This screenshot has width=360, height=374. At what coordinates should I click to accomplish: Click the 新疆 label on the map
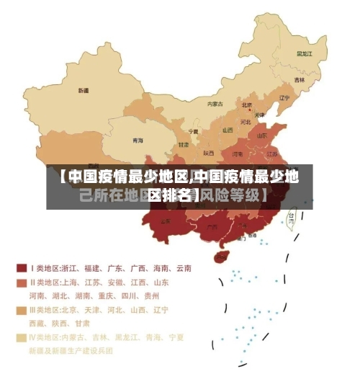pyautogui.click(x=84, y=91)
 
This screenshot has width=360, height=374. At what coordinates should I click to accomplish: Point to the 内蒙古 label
pyautogui.click(x=215, y=104)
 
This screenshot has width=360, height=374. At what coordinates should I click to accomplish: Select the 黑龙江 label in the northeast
pyautogui.click(x=305, y=53)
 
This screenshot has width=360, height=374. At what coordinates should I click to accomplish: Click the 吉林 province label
pyautogui.click(x=299, y=79)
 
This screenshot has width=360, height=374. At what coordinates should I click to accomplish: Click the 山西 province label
pyautogui.click(x=228, y=130)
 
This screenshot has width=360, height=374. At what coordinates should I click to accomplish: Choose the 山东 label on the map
pyautogui.click(x=263, y=134)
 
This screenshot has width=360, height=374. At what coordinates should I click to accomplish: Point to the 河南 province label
pyautogui.click(x=238, y=153)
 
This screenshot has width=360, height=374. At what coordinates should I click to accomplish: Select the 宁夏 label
pyautogui.click(x=193, y=132)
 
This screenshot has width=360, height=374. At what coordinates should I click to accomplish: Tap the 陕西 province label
pyautogui.click(x=208, y=153)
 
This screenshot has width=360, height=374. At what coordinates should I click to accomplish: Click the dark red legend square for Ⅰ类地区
pyautogui.click(x=22, y=267)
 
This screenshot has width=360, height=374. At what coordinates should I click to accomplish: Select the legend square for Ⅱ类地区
pyautogui.click(x=22, y=282)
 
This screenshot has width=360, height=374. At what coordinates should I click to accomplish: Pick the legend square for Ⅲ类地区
pyautogui.click(x=22, y=311)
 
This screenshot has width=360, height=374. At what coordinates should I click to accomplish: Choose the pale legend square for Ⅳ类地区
pyautogui.click(x=22, y=337)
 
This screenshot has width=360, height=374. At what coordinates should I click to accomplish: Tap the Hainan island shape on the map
pyautogui.click(x=222, y=256)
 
